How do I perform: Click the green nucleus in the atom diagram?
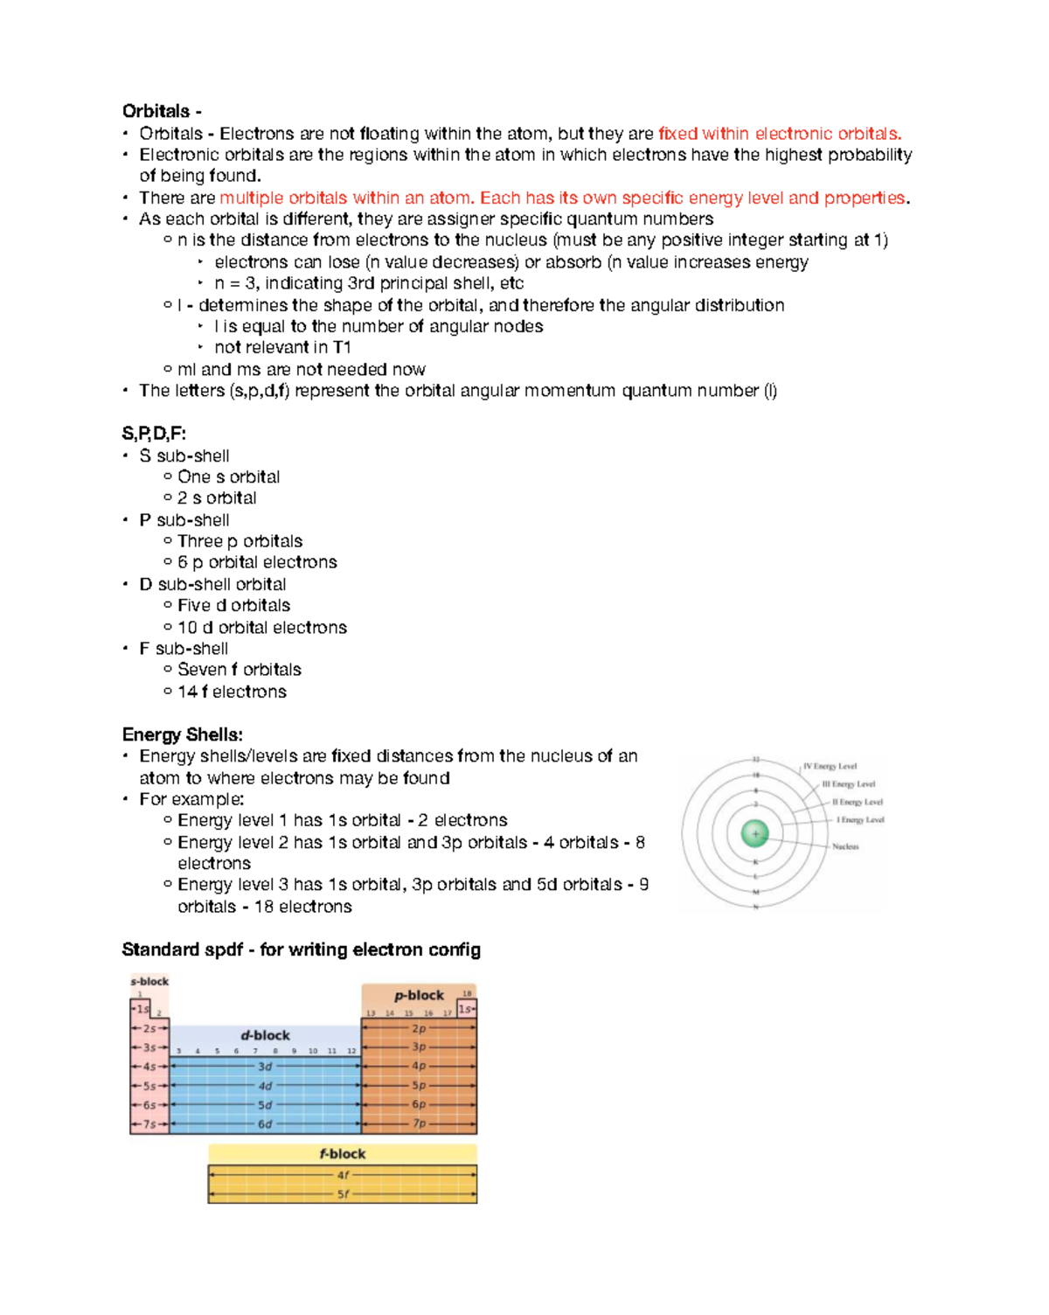755,833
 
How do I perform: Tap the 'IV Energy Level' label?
830,766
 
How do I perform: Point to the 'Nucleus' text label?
845,846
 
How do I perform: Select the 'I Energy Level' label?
860,820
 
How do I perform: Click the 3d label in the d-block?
265,1067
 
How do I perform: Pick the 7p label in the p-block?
420,1124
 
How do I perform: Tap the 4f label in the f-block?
343,1175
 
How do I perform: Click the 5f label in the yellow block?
343,1193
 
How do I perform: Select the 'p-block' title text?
419,995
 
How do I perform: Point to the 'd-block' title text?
265,1035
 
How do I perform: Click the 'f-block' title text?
342,1154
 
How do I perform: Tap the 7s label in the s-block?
149,1124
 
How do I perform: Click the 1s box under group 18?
467,1009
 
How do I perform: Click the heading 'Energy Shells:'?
182,734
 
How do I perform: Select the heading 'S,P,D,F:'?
154,434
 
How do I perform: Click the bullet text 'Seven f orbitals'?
239,670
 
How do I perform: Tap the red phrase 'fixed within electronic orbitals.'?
779,134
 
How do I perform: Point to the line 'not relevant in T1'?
282,347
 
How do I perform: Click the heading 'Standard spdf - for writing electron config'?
301,950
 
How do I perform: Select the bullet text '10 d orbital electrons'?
261,628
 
